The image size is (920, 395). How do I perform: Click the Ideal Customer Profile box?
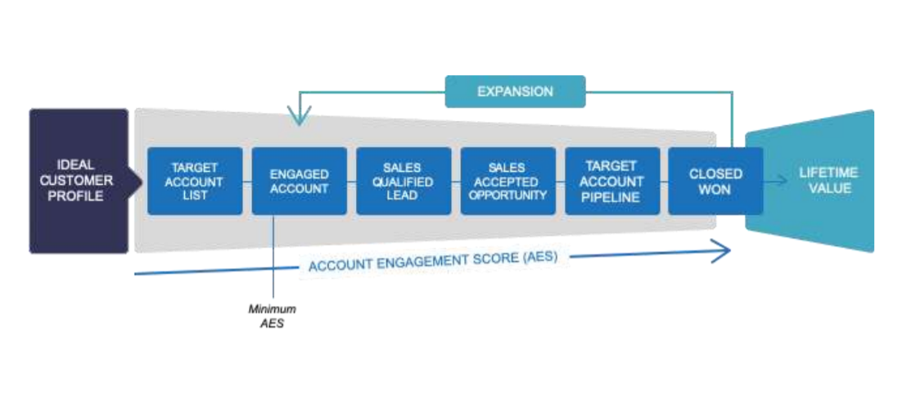(x=79, y=181)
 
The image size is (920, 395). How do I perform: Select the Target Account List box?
(x=195, y=181)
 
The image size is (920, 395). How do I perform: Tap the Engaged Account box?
(x=300, y=181)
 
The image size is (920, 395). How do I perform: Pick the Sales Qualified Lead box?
(x=404, y=181)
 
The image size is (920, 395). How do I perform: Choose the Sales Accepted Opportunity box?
(x=508, y=181)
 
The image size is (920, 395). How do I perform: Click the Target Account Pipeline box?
(x=612, y=181)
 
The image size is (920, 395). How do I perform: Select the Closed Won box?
(x=716, y=181)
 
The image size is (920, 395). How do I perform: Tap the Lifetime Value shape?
(x=810, y=181)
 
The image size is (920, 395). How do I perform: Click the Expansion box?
(x=515, y=92)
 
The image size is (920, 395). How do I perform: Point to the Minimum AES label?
(x=273, y=316)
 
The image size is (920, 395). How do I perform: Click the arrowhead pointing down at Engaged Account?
(x=300, y=117)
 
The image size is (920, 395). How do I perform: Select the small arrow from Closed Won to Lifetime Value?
(x=775, y=181)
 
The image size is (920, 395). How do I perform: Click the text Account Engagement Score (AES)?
(x=433, y=262)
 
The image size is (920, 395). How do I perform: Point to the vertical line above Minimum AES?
(x=273, y=256)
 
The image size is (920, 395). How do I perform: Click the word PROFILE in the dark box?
(x=75, y=196)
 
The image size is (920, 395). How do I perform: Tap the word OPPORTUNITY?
(x=508, y=195)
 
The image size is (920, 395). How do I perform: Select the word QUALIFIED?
(x=403, y=182)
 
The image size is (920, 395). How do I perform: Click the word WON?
(x=715, y=189)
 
